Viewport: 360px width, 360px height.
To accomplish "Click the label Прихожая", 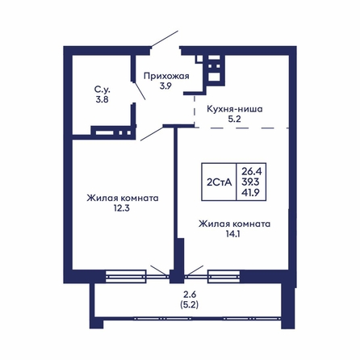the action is click(166, 76).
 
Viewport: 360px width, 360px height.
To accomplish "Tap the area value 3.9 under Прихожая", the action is click(165, 86).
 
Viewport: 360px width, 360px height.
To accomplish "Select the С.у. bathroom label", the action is click(103, 89).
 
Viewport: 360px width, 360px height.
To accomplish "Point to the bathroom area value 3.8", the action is click(102, 99).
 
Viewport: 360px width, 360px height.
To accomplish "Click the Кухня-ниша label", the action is click(235, 109).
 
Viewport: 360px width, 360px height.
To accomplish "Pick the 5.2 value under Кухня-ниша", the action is click(235, 119).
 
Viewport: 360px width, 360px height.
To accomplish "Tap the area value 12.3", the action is click(122, 208).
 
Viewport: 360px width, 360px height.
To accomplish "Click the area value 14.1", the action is click(233, 234).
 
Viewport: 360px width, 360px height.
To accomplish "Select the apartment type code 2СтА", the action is click(219, 182).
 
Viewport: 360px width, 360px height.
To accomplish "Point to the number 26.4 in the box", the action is click(252, 171).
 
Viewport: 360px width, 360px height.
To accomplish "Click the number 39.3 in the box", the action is click(250, 182).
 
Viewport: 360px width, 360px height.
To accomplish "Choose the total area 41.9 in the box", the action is click(250, 193).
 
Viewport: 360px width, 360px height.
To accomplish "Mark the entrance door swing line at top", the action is click(165, 39).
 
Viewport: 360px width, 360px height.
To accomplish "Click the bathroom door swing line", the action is click(140, 90).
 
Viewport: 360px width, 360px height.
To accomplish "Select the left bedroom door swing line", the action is click(152, 134).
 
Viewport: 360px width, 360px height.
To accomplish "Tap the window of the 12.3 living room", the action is click(126, 277).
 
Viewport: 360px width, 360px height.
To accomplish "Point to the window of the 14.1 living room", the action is click(224, 277).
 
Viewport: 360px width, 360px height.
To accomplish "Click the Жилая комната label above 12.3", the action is click(123, 198).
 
